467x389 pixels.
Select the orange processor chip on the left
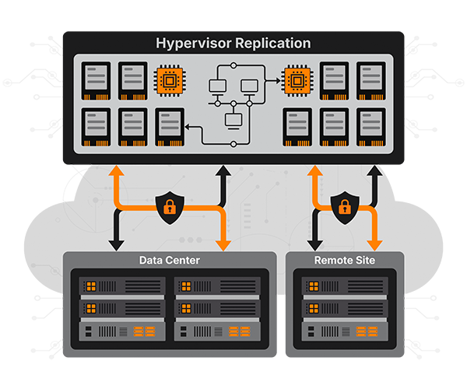pos(170,80)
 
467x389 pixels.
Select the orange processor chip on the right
pos(297,80)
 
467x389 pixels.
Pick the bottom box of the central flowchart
pos(233,120)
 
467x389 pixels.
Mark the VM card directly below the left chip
pos(170,126)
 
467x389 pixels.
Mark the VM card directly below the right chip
pos(297,126)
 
